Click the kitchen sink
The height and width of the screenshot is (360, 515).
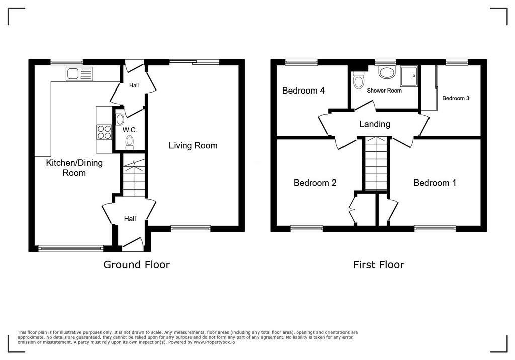click(79, 74)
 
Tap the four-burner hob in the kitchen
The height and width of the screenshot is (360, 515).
click(104, 132)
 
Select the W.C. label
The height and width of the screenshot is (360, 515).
click(130, 130)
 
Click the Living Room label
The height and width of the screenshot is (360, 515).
click(193, 145)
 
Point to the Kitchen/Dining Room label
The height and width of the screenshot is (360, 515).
click(74, 168)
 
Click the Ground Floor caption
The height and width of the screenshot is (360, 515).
click(137, 265)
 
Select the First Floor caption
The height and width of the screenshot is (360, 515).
click(378, 265)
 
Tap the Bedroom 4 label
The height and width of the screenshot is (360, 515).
click(303, 91)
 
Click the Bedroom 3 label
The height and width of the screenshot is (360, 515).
click(456, 98)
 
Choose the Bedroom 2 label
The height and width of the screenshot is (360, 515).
click(315, 183)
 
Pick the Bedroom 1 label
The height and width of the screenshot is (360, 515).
click(435, 183)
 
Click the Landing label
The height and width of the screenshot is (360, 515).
click(374, 124)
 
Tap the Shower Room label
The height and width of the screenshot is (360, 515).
click(384, 91)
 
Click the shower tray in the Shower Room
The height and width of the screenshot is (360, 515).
click(409, 76)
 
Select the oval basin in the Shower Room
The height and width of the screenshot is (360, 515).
click(386, 72)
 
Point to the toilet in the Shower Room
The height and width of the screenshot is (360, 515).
click(358, 80)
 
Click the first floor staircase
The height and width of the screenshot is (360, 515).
click(376, 163)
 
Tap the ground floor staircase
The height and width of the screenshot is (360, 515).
click(134, 177)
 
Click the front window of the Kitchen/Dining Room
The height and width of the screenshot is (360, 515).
click(70, 249)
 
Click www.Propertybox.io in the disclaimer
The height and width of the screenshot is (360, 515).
click(214, 342)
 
